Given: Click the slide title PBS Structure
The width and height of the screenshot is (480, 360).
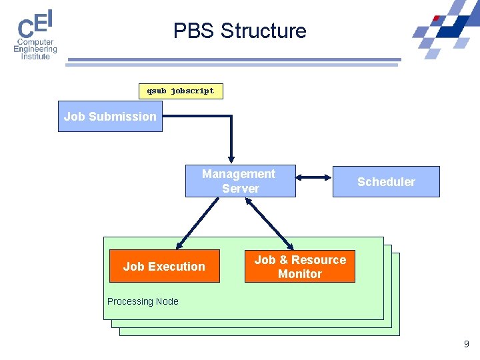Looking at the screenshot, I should coord(239,31).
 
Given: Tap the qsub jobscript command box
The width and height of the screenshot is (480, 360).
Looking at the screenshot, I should coord(181,91).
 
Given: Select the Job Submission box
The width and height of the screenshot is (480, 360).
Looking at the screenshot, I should coord(110,117).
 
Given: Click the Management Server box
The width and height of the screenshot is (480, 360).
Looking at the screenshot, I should coord(240,181).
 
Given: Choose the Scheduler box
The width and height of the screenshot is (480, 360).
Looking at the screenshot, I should coord(386,182).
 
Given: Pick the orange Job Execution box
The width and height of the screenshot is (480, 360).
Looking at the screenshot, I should coord(164,266).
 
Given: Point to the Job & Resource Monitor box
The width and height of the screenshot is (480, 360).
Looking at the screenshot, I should coord(300,267).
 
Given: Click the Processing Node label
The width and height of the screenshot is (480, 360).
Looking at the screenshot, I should coord(143,301).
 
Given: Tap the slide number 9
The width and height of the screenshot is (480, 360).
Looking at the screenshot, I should coord(466,345).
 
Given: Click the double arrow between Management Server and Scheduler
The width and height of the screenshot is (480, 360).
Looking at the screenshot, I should coord(314,177).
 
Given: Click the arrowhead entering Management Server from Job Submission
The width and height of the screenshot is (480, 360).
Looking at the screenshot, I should coord(231,158).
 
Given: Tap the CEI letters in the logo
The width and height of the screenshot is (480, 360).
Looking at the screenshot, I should coord(35,25).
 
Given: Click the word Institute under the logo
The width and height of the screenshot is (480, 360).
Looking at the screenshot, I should coord(35,57).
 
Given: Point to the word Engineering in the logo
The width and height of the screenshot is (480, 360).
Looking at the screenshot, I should coord(35,49).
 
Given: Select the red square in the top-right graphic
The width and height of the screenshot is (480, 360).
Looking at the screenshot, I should coord(437,19).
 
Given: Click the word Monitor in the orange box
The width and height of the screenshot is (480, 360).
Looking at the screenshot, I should coord(300,274).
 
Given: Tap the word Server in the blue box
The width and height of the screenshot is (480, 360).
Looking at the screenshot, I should coord(241,189).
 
